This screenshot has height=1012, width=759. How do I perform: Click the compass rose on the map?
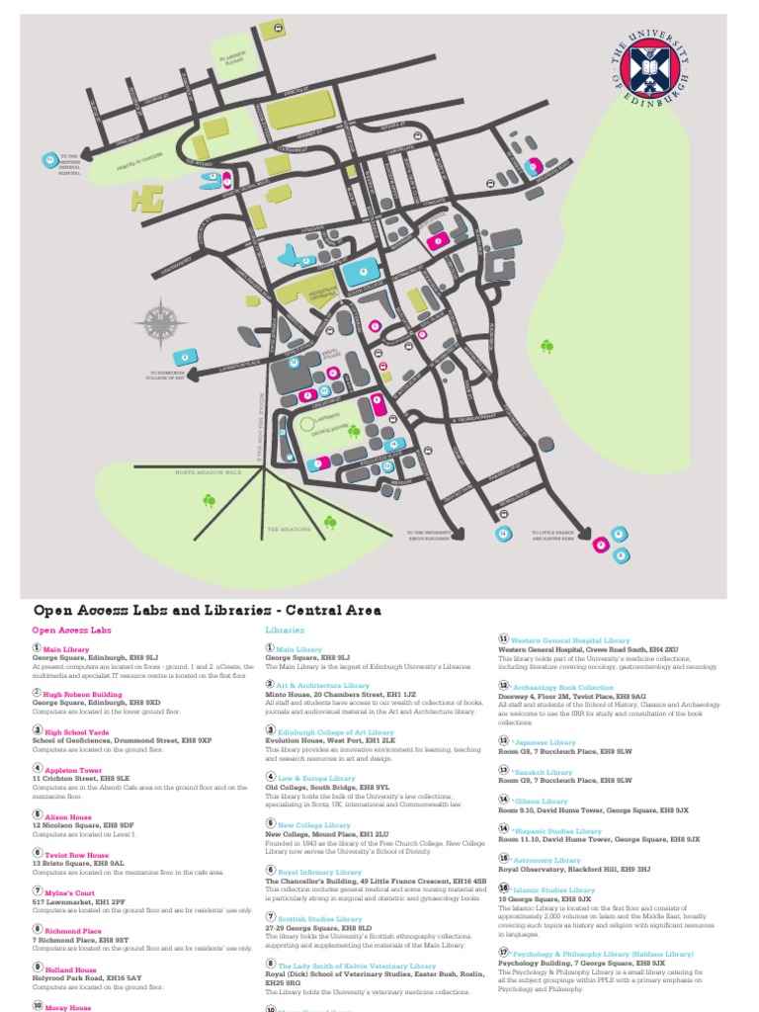pos(161,323)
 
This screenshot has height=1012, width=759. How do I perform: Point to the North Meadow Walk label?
pos(209,472)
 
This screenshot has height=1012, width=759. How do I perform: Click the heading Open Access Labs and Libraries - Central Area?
pos(207,610)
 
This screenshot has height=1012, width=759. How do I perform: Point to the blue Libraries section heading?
pos(285,629)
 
